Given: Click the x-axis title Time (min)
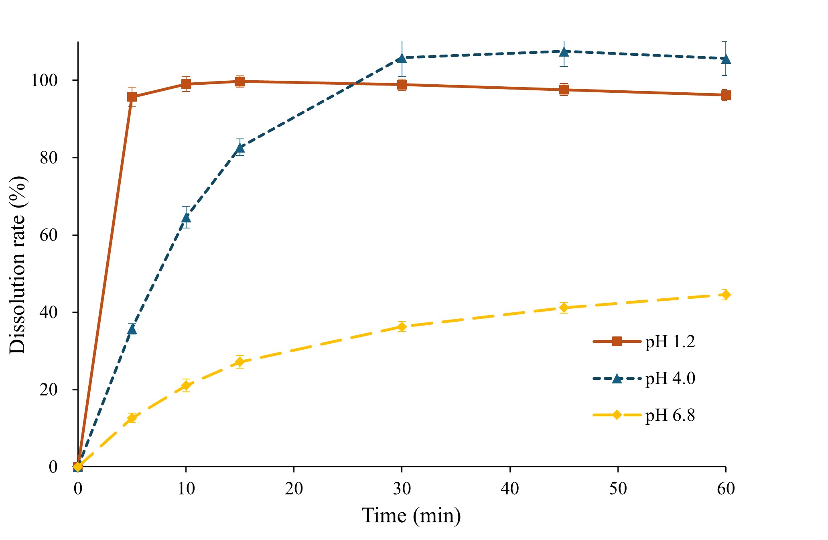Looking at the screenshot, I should tap(411, 515).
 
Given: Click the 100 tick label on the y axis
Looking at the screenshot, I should tap(44, 80).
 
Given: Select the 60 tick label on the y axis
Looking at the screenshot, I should tap(48, 235).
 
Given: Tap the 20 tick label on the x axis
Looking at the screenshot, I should tap(294, 489).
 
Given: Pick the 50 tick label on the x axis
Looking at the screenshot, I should tap(618, 489).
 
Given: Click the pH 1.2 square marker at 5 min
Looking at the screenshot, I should tap(132, 97).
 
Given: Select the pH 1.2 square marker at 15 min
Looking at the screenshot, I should tap(240, 82).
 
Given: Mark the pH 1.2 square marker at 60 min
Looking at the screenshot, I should tap(726, 95).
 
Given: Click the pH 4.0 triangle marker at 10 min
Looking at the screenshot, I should tap(186, 218).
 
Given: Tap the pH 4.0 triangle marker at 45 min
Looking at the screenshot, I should tap(564, 52).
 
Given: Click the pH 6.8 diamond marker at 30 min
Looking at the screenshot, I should tap(402, 326).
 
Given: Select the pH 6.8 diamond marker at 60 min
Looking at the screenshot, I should tap(726, 295).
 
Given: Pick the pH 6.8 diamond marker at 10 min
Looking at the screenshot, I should tap(186, 385).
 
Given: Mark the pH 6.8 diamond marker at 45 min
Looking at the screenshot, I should tap(564, 308).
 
